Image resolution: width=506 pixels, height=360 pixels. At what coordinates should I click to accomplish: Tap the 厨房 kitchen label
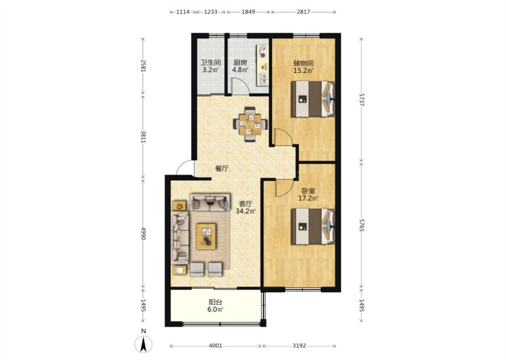click(x=241, y=62)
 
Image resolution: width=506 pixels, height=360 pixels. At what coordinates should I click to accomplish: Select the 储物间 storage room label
click(x=303, y=63)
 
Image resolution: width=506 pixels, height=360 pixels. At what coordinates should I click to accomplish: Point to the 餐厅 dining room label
click(x=222, y=168)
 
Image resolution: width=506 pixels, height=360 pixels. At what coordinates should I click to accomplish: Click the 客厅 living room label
click(x=246, y=204)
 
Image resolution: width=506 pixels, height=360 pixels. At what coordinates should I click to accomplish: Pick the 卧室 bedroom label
click(x=308, y=191)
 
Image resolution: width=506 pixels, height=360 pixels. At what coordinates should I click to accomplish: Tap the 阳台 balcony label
click(x=215, y=302)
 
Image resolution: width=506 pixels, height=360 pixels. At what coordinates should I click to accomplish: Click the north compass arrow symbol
click(x=143, y=344)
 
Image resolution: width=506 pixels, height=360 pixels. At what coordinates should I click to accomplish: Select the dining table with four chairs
click(x=251, y=124)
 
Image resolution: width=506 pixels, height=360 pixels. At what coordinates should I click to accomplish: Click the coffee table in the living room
click(x=206, y=236)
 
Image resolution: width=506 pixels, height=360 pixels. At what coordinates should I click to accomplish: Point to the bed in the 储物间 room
click(x=313, y=99)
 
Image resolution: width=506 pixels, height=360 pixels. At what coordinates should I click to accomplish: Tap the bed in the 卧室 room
click(x=313, y=227)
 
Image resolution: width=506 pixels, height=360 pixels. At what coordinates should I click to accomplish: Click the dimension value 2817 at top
click(x=303, y=12)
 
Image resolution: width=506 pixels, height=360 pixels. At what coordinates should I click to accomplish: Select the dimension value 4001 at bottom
click(x=215, y=346)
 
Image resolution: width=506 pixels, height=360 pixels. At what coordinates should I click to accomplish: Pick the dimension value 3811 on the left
click(x=143, y=136)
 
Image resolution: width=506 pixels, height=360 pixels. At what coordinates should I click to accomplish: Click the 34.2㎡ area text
click(x=246, y=211)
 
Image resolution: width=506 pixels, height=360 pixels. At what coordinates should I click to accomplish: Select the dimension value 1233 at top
click(x=210, y=12)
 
